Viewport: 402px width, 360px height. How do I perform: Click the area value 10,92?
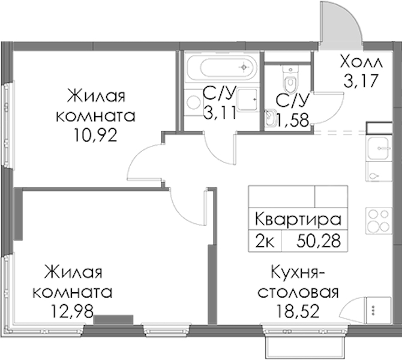click(x=95, y=136)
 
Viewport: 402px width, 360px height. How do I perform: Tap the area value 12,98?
click(x=72, y=311)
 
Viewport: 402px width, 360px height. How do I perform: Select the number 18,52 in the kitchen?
click(x=298, y=311)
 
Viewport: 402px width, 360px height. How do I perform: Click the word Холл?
click(x=361, y=62)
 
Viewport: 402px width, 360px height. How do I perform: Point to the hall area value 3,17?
click(x=361, y=80)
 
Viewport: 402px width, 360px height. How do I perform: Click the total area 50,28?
click(x=319, y=241)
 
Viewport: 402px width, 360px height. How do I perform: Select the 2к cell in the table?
click(x=265, y=241)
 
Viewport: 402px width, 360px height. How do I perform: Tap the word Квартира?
click(x=298, y=220)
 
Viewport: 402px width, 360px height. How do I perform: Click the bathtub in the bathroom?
click(x=222, y=67)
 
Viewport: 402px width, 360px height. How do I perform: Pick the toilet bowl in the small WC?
click(x=290, y=79)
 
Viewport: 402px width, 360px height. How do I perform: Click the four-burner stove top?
click(x=379, y=221)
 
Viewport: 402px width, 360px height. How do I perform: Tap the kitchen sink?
click(x=379, y=148)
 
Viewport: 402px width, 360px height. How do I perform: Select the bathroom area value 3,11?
click(x=220, y=113)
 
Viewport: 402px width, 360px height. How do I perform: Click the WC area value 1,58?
click(x=292, y=120)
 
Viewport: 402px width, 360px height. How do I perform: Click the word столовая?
click(x=298, y=292)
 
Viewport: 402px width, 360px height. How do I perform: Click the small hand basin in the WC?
click(x=270, y=118)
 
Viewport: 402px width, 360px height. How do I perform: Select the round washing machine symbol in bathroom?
click(x=194, y=102)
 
